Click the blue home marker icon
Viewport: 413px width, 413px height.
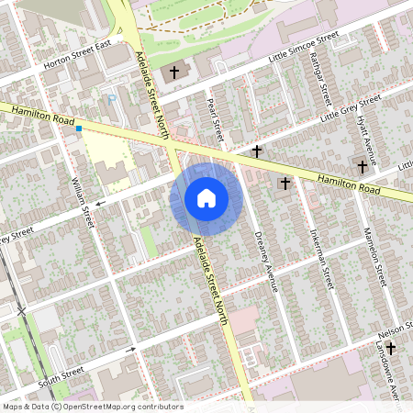pos(206,197)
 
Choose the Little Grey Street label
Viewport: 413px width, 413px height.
pos(350,109)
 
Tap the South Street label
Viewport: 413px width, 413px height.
pos(61,375)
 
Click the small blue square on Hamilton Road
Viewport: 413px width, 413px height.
pos(80,128)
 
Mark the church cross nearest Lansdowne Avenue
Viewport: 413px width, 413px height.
pos(392,348)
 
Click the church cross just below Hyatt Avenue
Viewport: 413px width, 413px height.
pos(363,166)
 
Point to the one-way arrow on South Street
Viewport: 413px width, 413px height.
pos(131,349)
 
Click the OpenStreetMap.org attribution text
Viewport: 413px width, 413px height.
pos(120,406)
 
